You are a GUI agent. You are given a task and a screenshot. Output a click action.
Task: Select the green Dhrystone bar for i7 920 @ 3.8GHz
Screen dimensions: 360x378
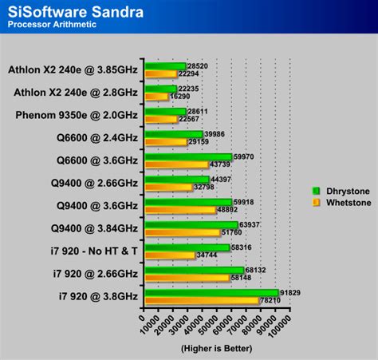(x=211, y=294)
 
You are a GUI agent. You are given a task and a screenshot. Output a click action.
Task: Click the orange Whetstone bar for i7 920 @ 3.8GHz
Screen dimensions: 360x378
(x=201, y=302)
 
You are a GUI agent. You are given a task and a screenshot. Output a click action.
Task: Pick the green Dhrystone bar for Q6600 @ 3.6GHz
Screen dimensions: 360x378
(x=188, y=157)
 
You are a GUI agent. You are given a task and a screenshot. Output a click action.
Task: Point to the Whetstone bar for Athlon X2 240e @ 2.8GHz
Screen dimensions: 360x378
(x=156, y=97)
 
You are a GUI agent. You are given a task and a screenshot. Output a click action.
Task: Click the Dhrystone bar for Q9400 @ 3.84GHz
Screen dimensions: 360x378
(x=191, y=225)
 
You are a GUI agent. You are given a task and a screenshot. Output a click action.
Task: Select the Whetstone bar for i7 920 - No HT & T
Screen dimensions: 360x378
(x=170, y=255)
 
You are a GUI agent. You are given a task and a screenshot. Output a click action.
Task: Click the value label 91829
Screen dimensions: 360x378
(x=290, y=293)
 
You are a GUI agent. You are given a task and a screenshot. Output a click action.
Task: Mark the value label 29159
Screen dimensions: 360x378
(x=199, y=142)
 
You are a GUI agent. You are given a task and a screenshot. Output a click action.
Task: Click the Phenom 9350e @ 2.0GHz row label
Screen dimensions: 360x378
(x=77, y=115)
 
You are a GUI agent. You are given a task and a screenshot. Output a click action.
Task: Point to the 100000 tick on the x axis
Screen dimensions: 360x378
(x=280, y=325)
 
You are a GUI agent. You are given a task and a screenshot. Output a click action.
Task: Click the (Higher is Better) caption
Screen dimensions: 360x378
(x=216, y=349)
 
